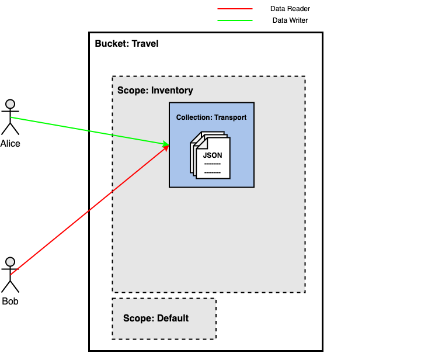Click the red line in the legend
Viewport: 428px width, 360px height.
coord(235,9)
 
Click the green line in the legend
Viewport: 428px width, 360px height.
coord(235,20)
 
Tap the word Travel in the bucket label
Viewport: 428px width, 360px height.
coord(145,44)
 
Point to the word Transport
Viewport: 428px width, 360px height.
coord(230,117)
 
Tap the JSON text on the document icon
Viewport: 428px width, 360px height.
coord(213,155)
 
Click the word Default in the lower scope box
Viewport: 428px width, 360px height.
coord(173,319)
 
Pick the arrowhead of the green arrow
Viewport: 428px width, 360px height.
coord(166,144)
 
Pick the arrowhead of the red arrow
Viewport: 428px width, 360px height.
coord(166,148)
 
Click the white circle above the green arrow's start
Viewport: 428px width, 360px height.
coord(10,104)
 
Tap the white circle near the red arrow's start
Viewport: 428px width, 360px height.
coord(10,262)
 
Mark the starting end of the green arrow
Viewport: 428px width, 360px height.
coord(12,117)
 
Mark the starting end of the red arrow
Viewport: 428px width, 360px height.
coord(12,274)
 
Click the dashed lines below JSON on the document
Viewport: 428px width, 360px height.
coord(213,168)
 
